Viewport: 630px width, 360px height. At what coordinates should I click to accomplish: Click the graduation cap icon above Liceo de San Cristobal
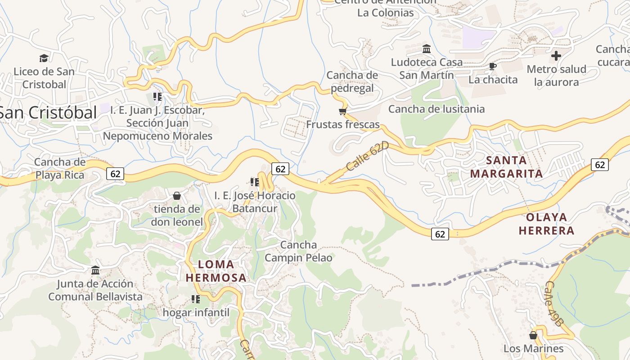(44, 58)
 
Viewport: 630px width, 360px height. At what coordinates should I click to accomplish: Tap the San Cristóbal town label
(48, 112)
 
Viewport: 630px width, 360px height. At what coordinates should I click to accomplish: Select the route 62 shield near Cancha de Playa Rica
(115, 173)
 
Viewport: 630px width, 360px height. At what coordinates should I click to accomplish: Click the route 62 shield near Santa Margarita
(600, 165)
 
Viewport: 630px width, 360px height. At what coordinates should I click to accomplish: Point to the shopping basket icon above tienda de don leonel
(177, 196)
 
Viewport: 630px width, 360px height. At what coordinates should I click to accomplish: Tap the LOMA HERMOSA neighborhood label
(216, 271)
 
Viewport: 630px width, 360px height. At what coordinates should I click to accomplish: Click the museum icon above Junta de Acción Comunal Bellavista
(95, 270)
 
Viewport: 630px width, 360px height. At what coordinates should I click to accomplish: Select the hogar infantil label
(196, 312)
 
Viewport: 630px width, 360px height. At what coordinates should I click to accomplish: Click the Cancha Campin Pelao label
(298, 251)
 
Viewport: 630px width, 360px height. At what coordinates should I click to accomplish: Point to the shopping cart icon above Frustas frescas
(343, 111)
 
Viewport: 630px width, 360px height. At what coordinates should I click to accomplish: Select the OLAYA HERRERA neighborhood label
(546, 224)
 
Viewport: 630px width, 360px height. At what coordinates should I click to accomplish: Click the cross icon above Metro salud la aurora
(556, 56)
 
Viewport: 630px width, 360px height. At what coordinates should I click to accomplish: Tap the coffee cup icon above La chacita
(493, 67)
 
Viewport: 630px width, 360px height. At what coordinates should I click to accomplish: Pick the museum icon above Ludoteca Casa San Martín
(427, 49)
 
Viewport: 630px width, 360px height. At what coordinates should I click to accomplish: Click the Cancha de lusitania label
(436, 109)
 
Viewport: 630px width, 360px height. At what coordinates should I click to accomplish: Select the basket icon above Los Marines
(533, 335)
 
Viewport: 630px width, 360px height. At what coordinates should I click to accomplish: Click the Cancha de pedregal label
(352, 81)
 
